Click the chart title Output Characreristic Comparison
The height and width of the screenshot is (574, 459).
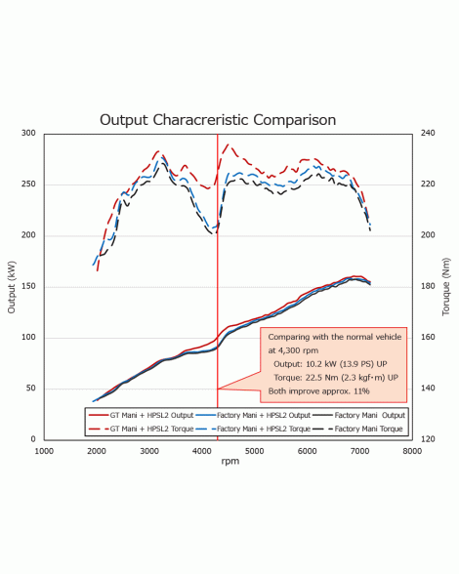pos(218,120)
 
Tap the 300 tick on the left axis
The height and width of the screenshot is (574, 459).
pos(28,133)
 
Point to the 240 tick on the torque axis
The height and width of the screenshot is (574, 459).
pos(428,133)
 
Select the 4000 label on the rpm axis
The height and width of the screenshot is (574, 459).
pos(202,451)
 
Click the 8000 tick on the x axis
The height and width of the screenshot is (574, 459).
pos(412,451)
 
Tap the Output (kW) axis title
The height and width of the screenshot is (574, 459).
pos(12,287)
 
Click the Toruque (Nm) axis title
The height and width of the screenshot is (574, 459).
pos(445,287)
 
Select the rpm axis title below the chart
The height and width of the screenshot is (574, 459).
pos(230,461)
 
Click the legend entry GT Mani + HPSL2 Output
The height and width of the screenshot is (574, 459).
pos(142,415)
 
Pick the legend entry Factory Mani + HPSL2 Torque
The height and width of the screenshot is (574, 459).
pos(254,429)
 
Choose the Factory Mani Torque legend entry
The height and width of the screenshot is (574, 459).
pos(359,429)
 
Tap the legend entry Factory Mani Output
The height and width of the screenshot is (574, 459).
pos(360,415)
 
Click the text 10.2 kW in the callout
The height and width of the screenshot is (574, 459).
pos(321,364)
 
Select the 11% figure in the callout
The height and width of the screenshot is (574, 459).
pos(361,391)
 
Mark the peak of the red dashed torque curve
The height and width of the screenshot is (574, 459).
pos(229,144)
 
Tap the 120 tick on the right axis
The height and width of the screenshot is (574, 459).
pos(428,439)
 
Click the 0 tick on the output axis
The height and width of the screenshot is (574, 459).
pos(33,439)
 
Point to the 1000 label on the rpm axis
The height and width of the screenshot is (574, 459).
pos(44,451)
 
